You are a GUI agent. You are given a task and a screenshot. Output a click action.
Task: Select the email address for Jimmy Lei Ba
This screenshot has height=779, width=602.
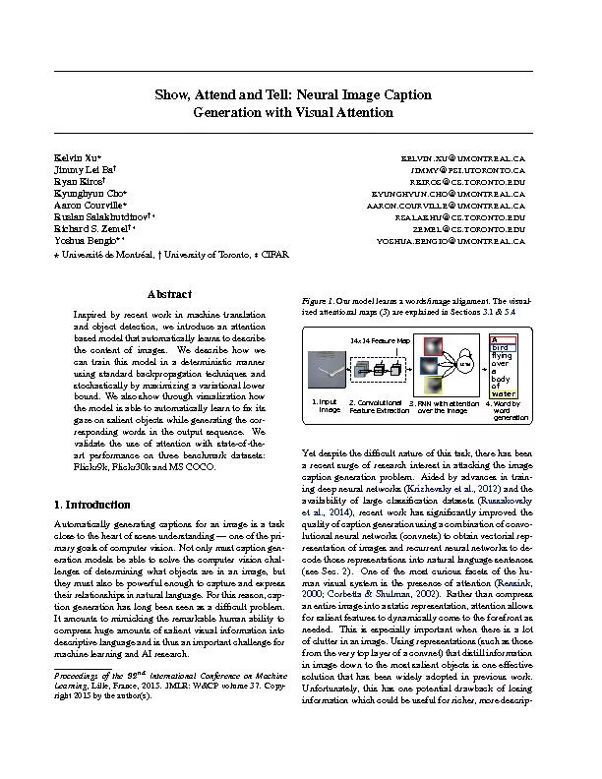[x=487, y=170]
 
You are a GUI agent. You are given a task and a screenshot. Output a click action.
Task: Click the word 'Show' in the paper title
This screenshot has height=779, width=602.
[x=174, y=95]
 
